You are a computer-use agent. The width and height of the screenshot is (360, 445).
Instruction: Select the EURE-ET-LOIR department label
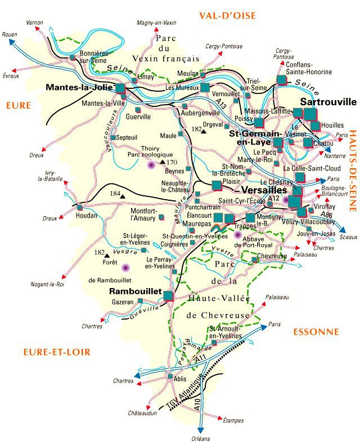click(x=57, y=352)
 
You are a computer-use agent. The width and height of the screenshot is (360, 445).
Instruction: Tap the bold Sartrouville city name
click(x=328, y=102)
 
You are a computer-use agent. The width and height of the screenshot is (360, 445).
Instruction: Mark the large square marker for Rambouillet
click(x=168, y=294)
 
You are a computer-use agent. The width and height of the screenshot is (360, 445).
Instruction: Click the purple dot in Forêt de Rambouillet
click(x=125, y=267)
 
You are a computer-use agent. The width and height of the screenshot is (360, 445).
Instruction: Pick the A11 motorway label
click(x=201, y=357)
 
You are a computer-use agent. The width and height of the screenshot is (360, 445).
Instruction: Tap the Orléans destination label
click(x=199, y=438)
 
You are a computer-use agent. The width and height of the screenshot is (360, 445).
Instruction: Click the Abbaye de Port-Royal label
click(x=253, y=241)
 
